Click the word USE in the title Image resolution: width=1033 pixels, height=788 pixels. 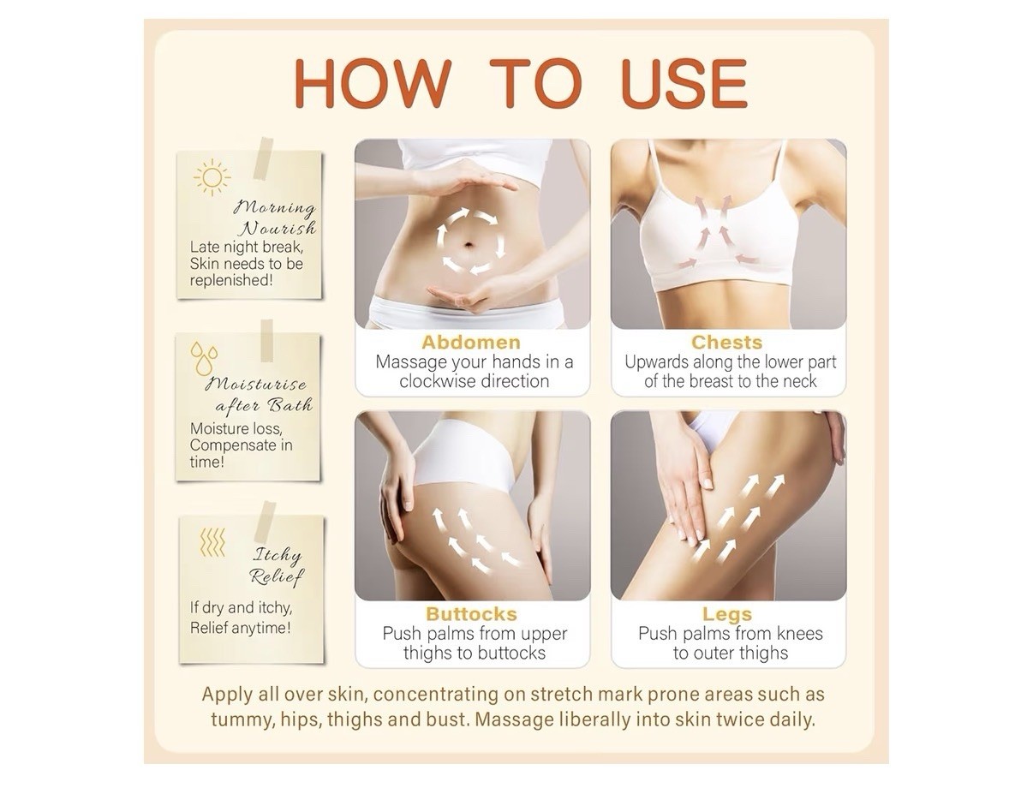point(684,84)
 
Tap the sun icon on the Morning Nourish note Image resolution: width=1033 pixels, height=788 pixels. point(212,177)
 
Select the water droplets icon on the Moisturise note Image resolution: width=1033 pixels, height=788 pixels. point(204,358)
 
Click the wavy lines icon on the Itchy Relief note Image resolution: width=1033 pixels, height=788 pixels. point(212,542)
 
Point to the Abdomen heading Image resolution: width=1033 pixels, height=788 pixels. point(471,342)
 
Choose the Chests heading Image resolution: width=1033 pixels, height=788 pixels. point(727,342)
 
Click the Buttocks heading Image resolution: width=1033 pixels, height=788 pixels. point(471,614)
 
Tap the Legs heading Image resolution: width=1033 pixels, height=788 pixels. point(727,614)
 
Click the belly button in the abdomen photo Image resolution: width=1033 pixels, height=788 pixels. point(469,244)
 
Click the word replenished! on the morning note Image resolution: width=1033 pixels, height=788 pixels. point(231,280)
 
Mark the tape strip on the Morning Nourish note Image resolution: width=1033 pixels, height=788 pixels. point(263,158)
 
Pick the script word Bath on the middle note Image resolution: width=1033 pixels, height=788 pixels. point(290,404)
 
